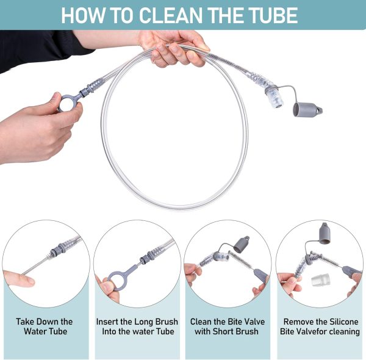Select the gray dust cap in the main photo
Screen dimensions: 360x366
(307, 110)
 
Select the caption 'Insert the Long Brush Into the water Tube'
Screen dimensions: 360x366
(137, 326)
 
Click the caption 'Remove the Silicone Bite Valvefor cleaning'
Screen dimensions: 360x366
(320, 326)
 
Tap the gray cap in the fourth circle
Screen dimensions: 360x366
(325, 235)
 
